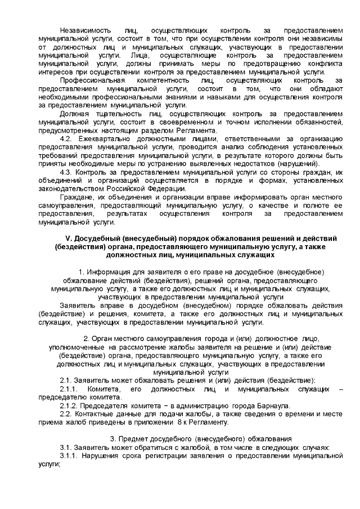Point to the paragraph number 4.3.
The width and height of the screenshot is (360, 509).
(66, 173)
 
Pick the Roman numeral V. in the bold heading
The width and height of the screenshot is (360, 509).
(70, 238)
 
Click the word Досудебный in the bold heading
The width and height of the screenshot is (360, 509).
(100, 238)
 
